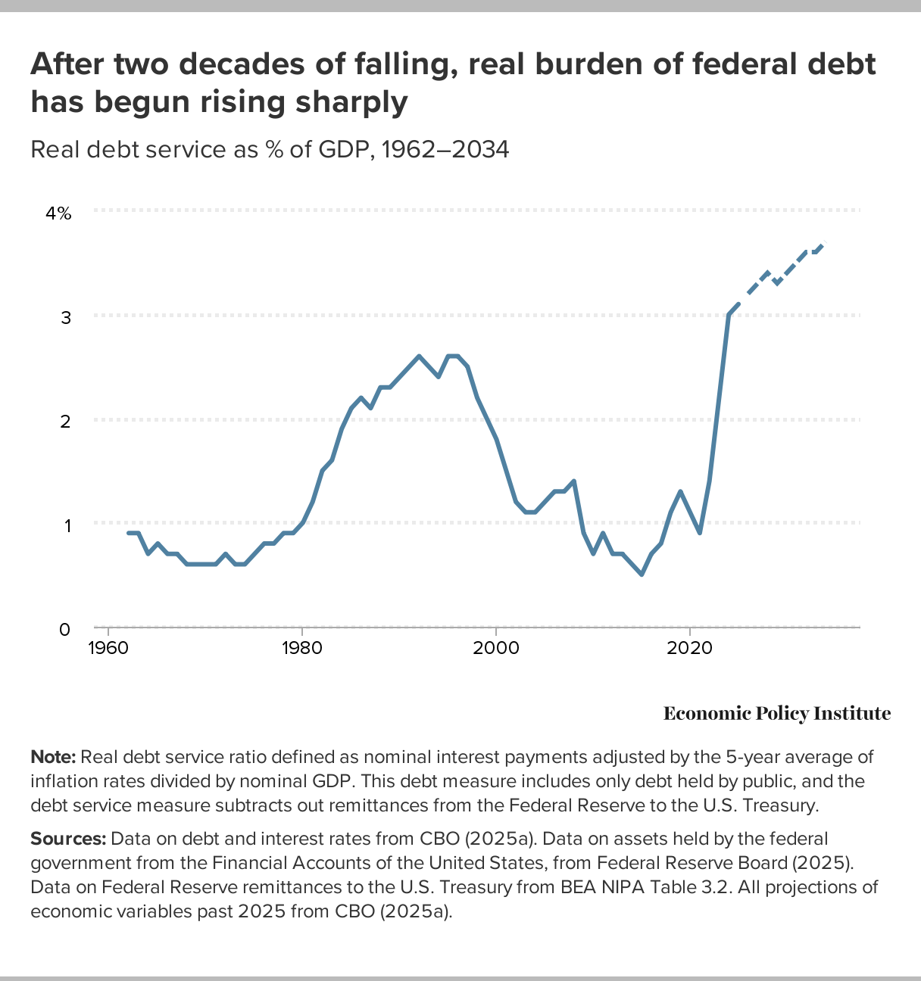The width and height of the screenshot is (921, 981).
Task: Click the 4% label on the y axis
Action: [58, 213]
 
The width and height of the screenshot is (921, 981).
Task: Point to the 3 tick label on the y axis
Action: [66, 317]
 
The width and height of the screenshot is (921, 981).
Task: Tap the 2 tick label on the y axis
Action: [66, 421]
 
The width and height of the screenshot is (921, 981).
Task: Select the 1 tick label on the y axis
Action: [66, 525]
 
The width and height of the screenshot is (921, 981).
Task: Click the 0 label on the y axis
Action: [65, 629]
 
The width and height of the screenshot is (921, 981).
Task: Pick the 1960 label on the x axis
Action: [108, 648]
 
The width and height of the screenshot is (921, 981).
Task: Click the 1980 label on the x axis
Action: [302, 648]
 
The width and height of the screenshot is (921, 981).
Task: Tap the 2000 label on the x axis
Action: [496, 648]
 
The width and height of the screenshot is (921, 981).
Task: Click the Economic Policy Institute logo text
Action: [776, 713]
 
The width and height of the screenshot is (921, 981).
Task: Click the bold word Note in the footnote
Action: [52, 758]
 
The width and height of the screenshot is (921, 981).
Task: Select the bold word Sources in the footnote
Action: [68, 839]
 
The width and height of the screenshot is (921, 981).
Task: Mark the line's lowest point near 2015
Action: [642, 574]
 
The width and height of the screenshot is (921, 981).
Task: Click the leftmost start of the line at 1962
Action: [128, 533]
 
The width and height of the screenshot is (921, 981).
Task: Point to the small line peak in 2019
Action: [680, 491]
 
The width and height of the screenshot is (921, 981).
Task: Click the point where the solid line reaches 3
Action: [729, 314]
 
